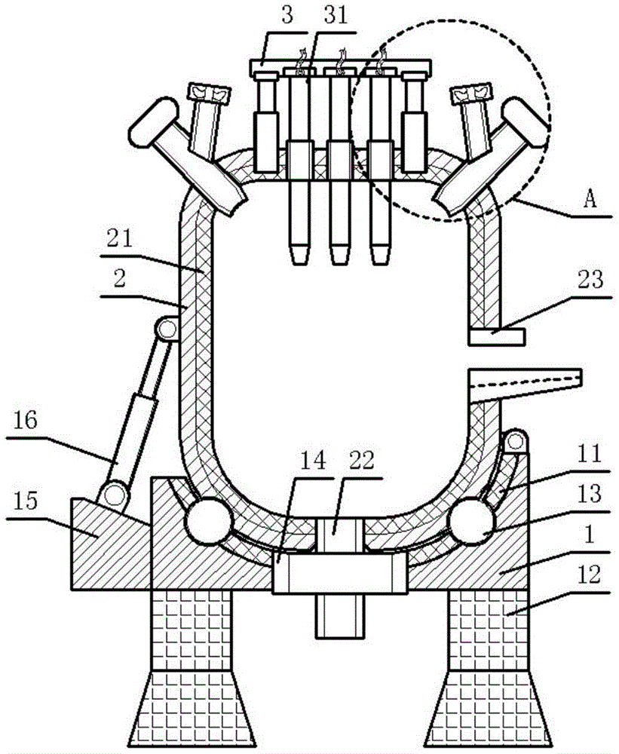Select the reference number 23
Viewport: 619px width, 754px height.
(x=590, y=280)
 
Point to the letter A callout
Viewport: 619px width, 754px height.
(x=590, y=199)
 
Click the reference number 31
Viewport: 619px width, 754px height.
(x=336, y=15)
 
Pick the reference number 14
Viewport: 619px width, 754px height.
(x=313, y=460)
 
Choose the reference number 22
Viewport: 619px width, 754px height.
(x=361, y=460)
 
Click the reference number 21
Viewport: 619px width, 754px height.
(x=120, y=238)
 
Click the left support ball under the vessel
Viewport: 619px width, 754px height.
(x=208, y=521)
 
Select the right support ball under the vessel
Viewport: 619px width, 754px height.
(x=471, y=521)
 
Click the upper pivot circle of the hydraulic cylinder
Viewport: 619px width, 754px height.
(x=167, y=329)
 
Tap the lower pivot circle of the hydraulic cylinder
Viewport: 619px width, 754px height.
(x=115, y=493)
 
